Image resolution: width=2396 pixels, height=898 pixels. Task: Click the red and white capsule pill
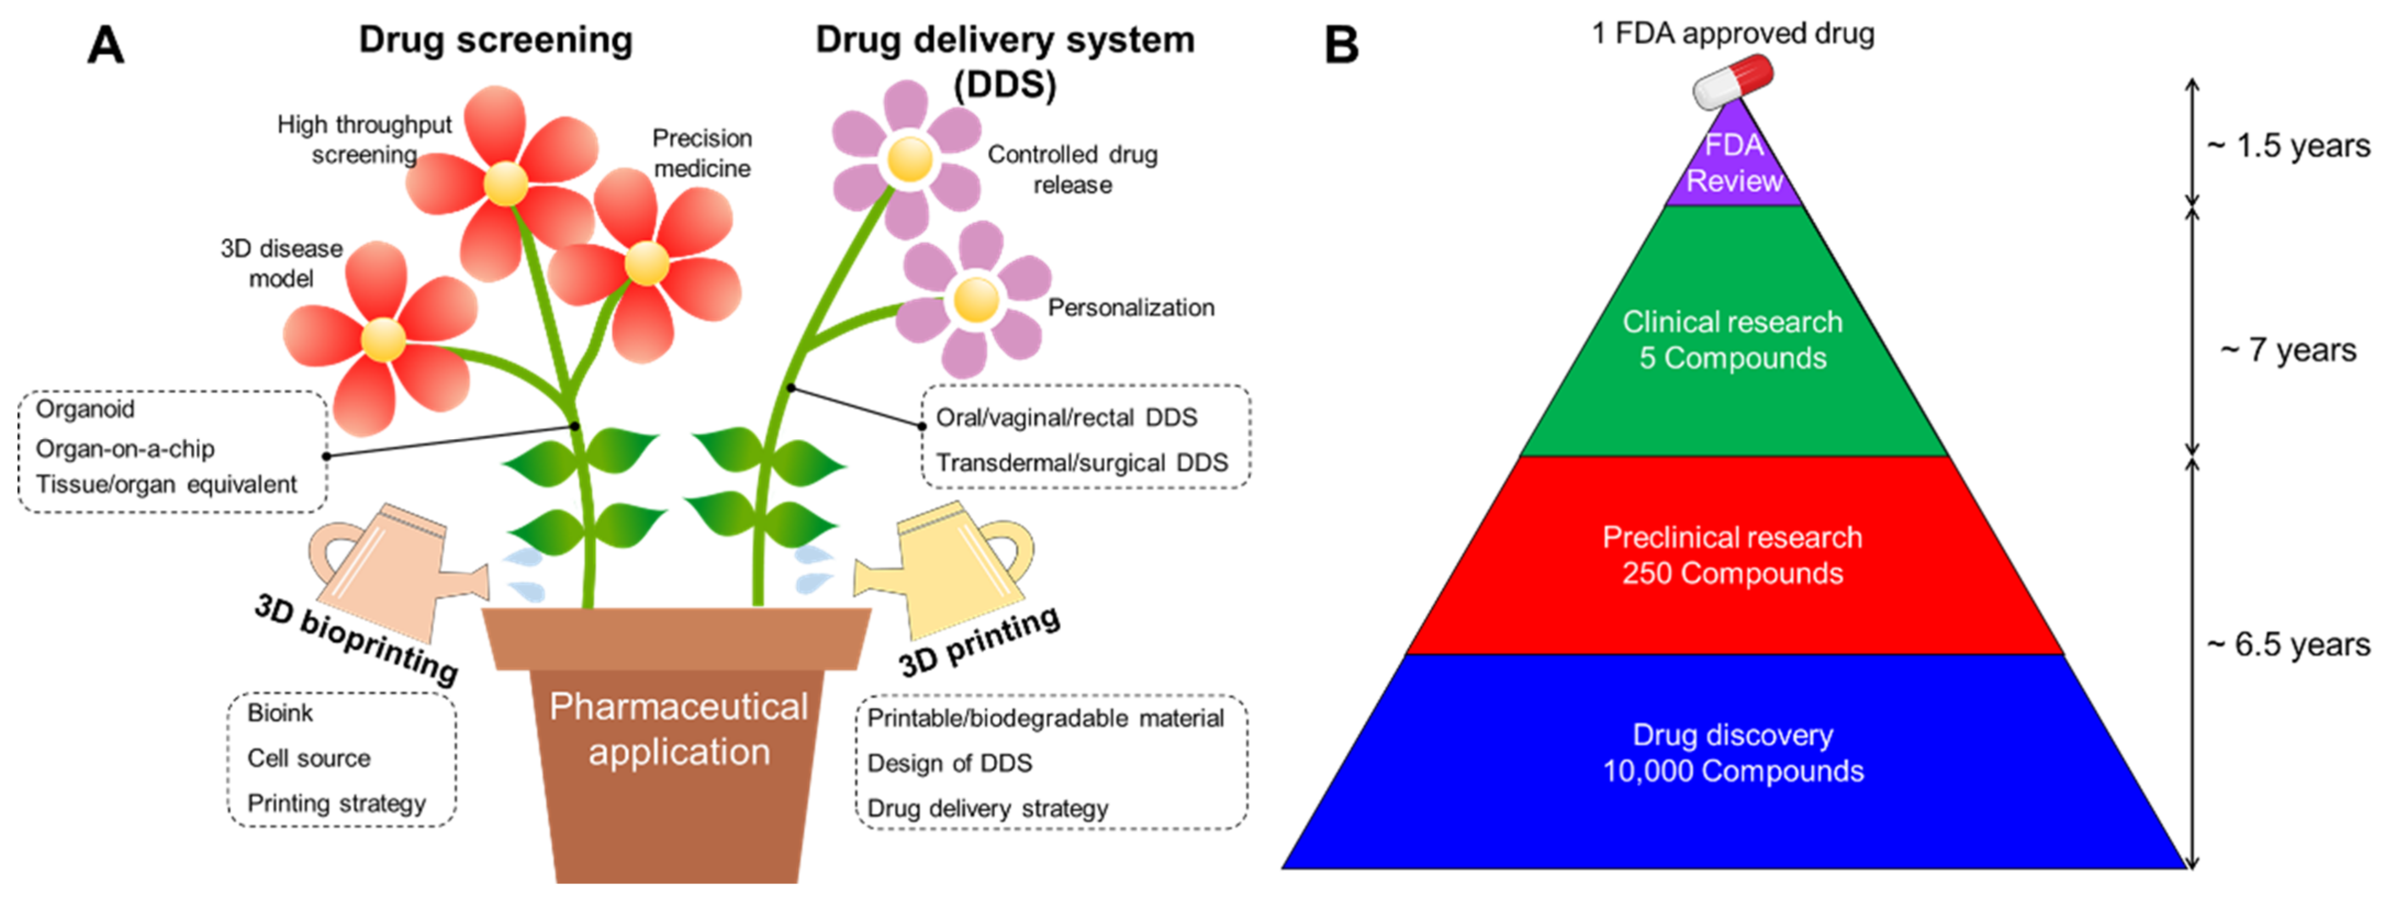[1732, 82]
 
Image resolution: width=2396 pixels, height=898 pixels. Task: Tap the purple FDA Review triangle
[1734, 167]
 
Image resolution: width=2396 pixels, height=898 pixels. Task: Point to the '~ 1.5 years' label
[2288, 146]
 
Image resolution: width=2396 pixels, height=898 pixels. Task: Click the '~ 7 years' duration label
[2288, 350]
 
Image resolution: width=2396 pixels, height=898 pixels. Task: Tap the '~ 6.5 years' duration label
[2288, 644]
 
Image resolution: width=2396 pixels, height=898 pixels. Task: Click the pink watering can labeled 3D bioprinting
[391, 567]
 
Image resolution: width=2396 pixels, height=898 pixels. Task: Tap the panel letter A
[105, 44]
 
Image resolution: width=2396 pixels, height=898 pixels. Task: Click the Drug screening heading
[496, 40]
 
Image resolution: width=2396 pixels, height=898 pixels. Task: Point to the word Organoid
[85, 409]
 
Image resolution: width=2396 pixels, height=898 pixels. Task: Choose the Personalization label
[1131, 308]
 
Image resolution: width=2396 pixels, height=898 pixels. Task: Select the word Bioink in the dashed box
[280, 713]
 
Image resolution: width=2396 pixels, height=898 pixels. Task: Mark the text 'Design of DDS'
[950, 763]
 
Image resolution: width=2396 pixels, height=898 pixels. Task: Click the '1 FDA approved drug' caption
[1732, 33]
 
